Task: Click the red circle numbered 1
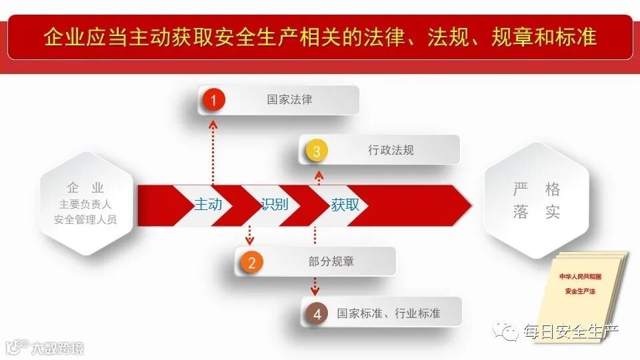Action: tap(213, 100)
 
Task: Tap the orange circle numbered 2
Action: tap(251, 262)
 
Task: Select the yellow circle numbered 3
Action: tap(316, 151)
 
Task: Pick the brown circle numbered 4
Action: tap(317, 313)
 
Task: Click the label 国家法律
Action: tap(289, 100)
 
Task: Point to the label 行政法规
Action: tap(391, 150)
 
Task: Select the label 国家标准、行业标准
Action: tap(389, 313)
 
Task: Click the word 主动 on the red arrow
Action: tap(208, 205)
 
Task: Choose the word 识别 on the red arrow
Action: tap(275, 205)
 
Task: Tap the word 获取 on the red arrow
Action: tap(345, 205)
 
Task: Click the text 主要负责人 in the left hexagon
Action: tap(85, 205)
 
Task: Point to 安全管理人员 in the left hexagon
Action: tap(85, 219)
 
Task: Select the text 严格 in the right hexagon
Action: tap(536, 189)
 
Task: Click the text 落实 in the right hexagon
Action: tap(536, 213)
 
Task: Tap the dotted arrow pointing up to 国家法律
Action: tap(213, 150)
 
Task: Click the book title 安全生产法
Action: tap(580, 291)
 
